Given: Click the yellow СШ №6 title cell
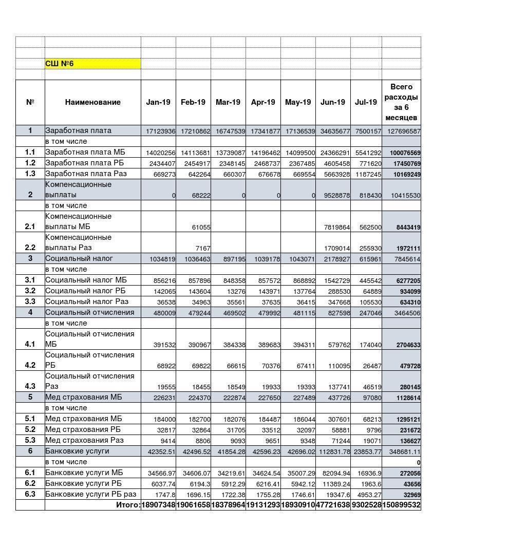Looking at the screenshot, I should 92,64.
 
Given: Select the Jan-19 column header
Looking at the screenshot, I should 158,102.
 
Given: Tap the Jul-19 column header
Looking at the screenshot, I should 366,102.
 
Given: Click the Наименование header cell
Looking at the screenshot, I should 92,102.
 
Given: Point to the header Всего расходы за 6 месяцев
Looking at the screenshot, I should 401,102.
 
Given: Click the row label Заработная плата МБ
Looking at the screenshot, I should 85,152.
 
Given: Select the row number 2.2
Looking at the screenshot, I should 30,248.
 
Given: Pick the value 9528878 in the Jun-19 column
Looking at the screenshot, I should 333,196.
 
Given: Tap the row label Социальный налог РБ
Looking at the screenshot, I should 85,291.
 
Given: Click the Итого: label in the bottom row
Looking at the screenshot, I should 128,505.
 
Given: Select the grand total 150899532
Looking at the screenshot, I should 401,505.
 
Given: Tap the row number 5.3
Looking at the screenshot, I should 30,440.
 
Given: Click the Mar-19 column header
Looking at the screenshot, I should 228,102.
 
